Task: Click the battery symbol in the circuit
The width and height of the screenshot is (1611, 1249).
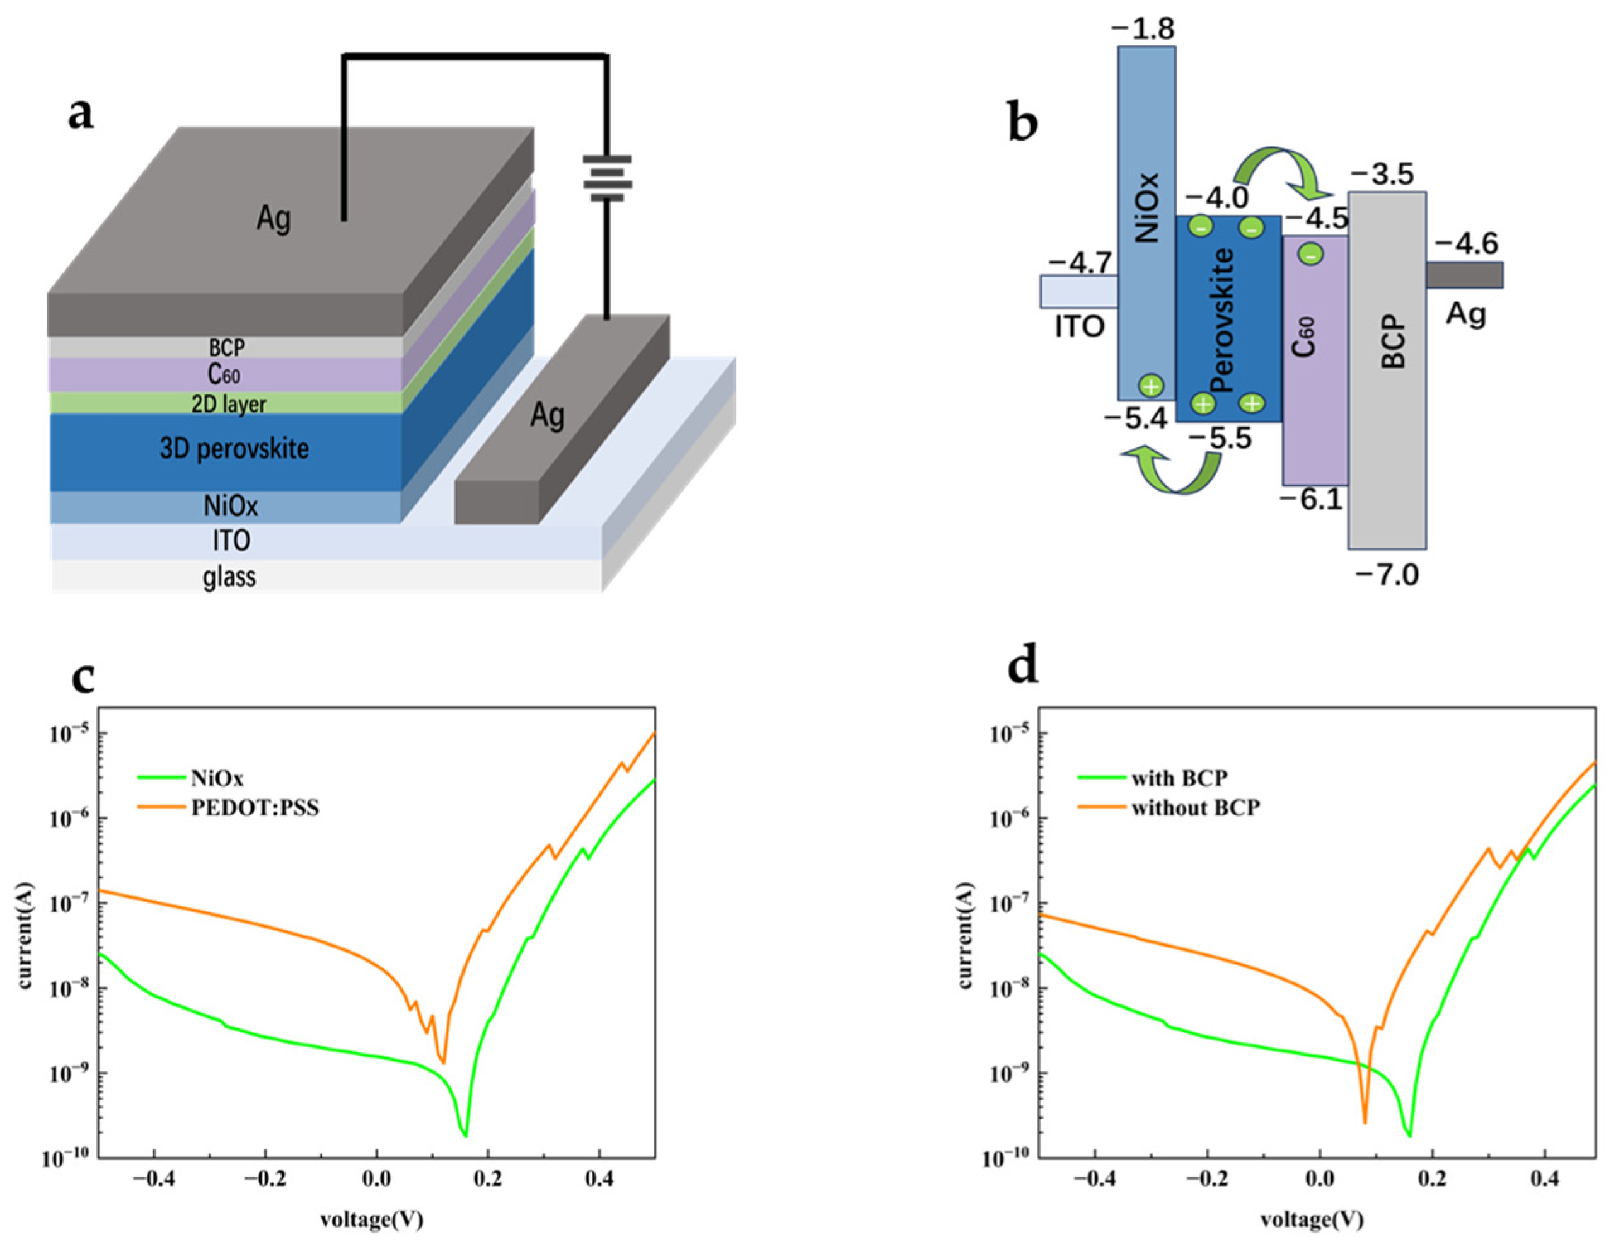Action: click(x=607, y=180)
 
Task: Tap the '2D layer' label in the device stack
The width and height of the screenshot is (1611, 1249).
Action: click(x=229, y=404)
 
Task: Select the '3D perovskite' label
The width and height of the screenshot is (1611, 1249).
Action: click(x=234, y=448)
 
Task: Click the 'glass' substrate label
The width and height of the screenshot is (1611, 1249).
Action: click(x=229, y=577)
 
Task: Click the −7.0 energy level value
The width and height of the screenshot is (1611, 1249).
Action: click(x=1387, y=573)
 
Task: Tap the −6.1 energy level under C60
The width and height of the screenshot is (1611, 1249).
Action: click(x=1311, y=499)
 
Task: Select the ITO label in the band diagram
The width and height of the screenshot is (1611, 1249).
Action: click(x=1079, y=326)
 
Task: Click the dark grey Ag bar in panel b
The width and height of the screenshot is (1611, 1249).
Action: click(x=1464, y=275)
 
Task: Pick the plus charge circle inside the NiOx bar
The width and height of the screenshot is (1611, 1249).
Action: click(x=1151, y=385)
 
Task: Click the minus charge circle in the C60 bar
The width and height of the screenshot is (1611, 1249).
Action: click(x=1310, y=255)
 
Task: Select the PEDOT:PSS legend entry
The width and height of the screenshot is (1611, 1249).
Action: click(x=255, y=808)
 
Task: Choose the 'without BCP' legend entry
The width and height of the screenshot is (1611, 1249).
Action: click(x=1195, y=808)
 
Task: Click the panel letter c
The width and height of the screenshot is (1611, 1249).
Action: click(x=83, y=676)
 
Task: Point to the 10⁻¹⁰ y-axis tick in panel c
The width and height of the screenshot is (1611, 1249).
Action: click(x=65, y=1160)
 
